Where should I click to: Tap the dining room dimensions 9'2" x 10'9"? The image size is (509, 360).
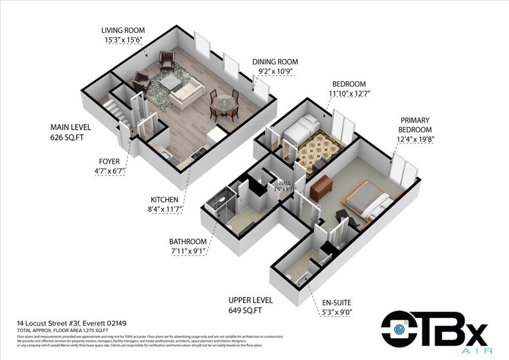point(275,72)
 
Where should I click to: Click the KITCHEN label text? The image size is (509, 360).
point(164,200)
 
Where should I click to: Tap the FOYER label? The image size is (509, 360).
point(109,162)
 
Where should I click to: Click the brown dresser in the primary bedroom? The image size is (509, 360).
point(321,188)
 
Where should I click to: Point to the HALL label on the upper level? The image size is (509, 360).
point(281,183)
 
